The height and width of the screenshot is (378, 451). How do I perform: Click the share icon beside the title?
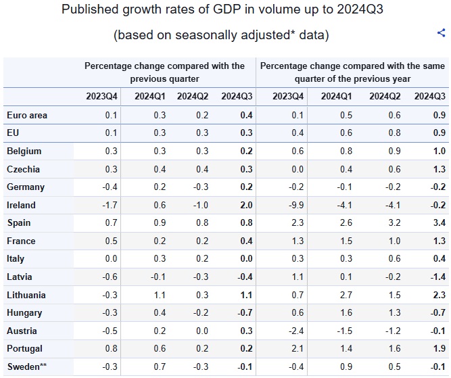(442, 32)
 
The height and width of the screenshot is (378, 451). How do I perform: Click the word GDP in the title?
(227, 9)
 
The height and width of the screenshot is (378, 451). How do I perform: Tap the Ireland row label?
(21, 205)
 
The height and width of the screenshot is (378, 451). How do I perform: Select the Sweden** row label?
(27, 367)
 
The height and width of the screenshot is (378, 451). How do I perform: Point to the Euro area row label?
(27, 116)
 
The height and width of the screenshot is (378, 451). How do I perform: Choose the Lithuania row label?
(26, 295)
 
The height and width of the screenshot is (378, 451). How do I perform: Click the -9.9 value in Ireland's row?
(296, 205)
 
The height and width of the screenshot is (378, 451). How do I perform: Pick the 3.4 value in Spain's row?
(440, 222)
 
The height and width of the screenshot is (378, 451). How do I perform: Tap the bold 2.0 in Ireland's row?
(247, 205)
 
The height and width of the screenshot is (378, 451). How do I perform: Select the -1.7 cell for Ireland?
(110, 205)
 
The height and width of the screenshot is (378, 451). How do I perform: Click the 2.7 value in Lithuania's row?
(346, 295)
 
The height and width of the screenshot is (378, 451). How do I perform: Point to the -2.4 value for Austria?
(296, 331)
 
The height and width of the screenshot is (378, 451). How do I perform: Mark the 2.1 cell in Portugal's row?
(298, 349)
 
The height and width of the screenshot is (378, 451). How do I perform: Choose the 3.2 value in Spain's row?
(394, 222)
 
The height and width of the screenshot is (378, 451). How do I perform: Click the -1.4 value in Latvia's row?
(438, 277)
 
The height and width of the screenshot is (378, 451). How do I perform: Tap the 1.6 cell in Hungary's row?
(346, 312)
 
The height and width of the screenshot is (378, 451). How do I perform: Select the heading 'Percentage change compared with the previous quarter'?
(164, 72)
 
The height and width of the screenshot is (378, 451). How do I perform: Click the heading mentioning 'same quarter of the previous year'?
(353, 72)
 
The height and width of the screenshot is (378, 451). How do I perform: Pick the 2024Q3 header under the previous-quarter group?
(237, 97)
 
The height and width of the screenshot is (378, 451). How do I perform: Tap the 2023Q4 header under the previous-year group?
(288, 97)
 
